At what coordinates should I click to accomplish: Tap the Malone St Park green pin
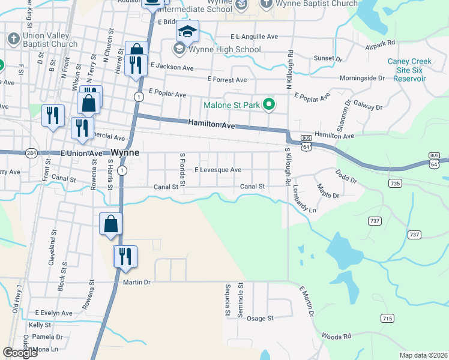point(270,105)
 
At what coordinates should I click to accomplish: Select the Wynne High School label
point(224,49)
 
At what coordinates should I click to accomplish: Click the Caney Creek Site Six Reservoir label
point(414,70)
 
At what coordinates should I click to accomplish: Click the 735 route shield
point(394,182)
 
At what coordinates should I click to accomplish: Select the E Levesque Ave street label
point(217,170)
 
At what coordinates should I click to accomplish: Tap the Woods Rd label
point(336,336)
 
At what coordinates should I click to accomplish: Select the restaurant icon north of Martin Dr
point(125,256)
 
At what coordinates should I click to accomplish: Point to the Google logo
point(20,353)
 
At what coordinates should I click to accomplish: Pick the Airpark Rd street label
point(381,43)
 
